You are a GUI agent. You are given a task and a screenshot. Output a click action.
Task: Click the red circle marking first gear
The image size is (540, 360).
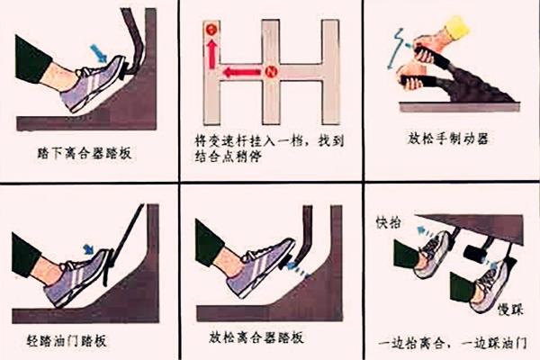tap(212, 31)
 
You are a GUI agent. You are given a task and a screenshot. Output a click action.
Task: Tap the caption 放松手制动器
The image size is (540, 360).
tap(443, 139)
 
